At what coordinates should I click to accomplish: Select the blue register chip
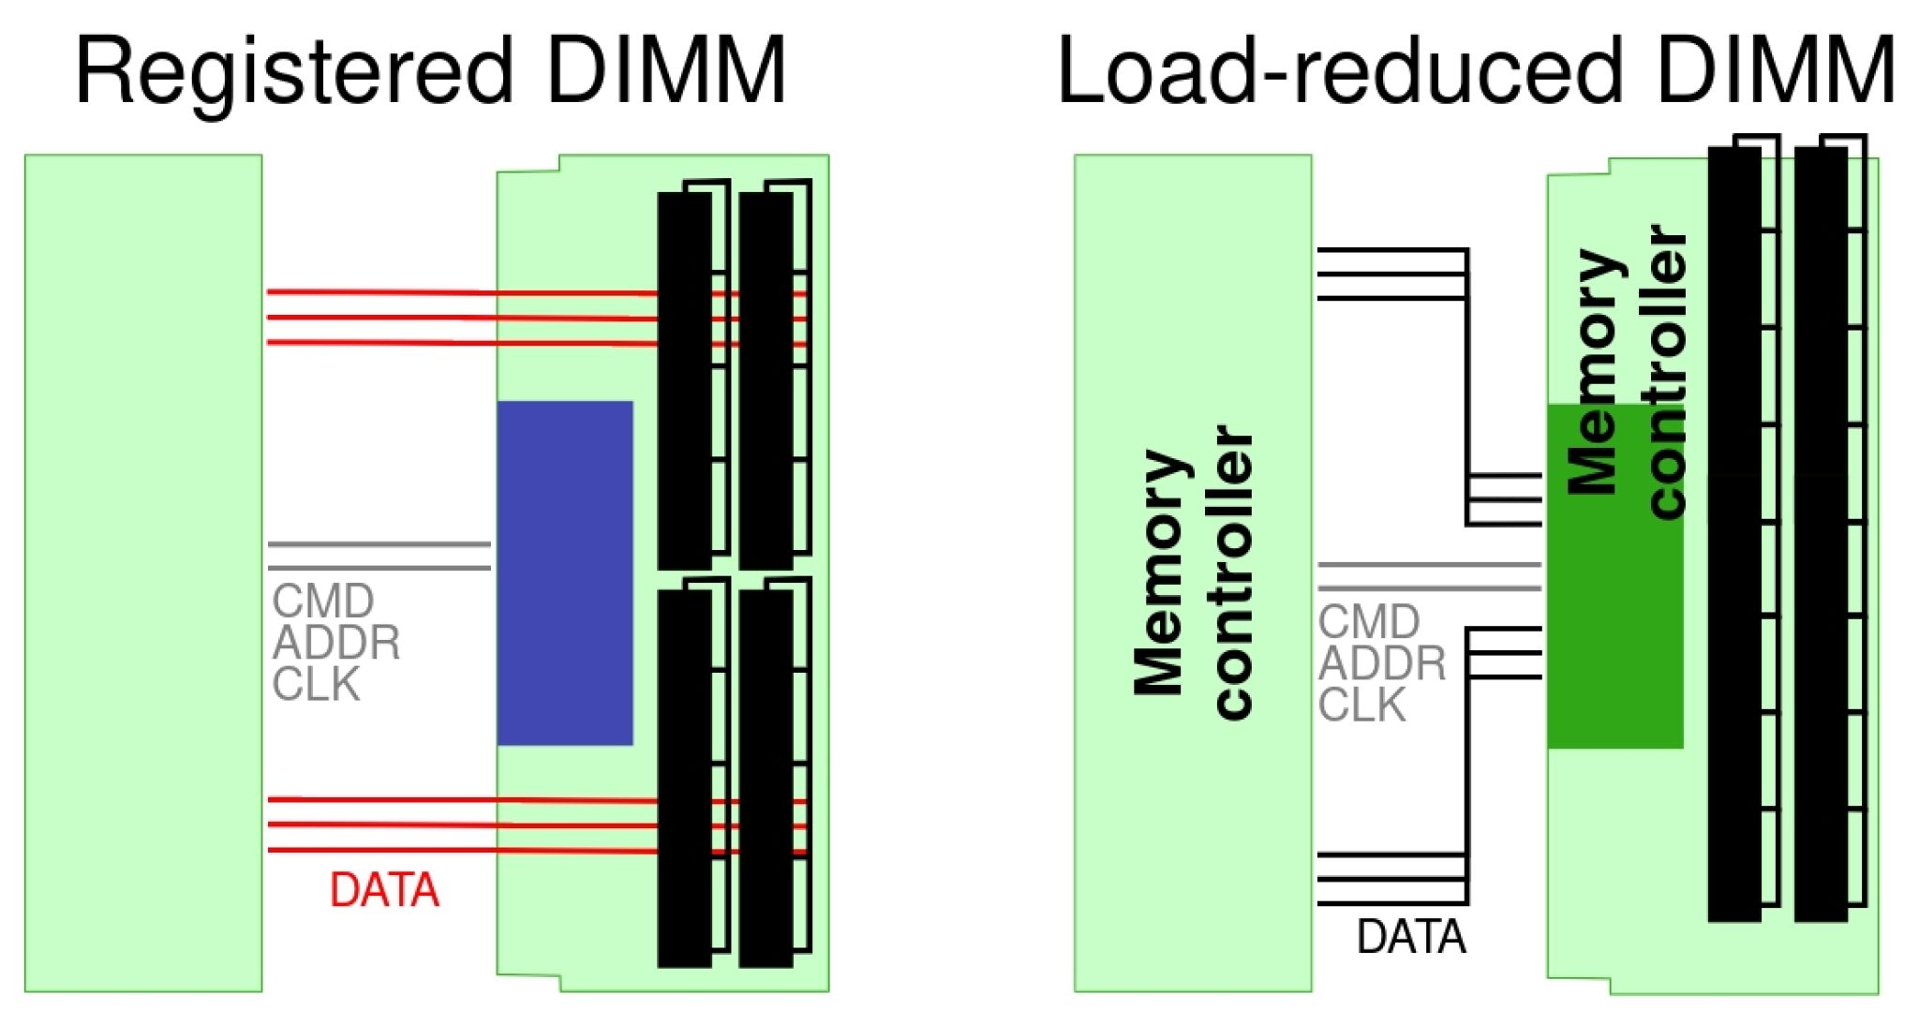(x=565, y=572)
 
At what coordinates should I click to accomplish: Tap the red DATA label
(x=384, y=889)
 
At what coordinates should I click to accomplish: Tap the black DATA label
(x=1411, y=936)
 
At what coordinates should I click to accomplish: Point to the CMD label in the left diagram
(x=323, y=601)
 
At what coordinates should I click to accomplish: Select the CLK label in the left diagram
(x=316, y=685)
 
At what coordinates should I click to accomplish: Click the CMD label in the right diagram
(x=1369, y=621)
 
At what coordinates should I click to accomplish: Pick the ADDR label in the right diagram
(x=1382, y=663)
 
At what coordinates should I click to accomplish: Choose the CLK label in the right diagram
(x=1361, y=706)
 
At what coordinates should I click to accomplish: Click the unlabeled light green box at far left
(x=142, y=572)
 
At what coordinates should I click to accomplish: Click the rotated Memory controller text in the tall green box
(x=1193, y=572)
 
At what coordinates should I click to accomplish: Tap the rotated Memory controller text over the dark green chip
(x=1627, y=370)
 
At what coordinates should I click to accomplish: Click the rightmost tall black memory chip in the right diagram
(x=1821, y=534)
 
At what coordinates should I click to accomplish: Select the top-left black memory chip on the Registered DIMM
(x=684, y=379)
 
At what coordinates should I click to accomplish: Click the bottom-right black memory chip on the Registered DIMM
(x=766, y=778)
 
